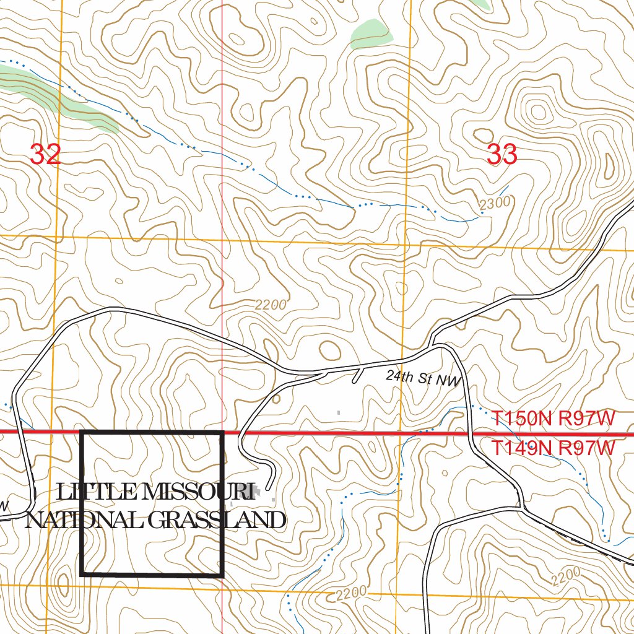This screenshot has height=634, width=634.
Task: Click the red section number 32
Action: point(45,154)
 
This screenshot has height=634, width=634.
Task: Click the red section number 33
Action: point(502,154)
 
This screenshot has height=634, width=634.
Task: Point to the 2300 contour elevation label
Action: point(495,202)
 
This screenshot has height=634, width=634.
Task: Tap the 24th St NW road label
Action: point(423,378)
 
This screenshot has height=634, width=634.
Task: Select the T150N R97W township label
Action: point(554,419)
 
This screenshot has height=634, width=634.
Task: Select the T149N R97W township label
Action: point(554,448)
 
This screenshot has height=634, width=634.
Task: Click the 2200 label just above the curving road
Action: point(271,305)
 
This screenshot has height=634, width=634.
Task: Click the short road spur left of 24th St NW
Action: point(357,375)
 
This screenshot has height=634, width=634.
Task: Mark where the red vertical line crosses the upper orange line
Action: point(222,239)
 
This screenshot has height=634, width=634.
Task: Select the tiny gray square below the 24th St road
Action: point(338,412)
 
